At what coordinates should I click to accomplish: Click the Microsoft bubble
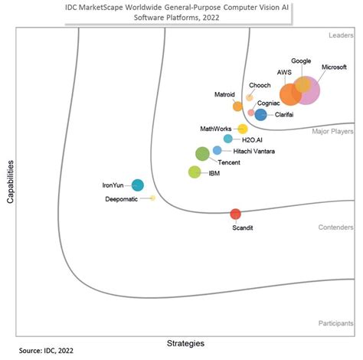pyautogui.click(x=308, y=91)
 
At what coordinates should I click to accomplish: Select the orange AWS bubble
pyautogui.click(x=290, y=95)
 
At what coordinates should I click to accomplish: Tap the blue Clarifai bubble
pyautogui.click(x=260, y=115)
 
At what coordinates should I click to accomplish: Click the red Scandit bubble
pyautogui.click(x=236, y=214)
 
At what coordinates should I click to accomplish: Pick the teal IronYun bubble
pyautogui.click(x=138, y=185)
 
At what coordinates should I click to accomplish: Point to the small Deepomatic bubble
pyautogui.click(x=152, y=198)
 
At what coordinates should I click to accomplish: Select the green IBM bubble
pyautogui.click(x=195, y=172)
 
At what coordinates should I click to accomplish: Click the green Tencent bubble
pyautogui.click(x=202, y=154)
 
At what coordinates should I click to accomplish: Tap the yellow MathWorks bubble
pyautogui.click(x=243, y=129)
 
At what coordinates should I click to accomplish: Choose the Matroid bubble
pyautogui.click(x=237, y=106)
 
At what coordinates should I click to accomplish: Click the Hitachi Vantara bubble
pyautogui.click(x=217, y=150)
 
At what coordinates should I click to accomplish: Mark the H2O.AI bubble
pyautogui.click(x=227, y=139)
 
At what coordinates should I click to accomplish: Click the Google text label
pyautogui.click(x=301, y=61)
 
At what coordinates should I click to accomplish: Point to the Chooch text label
pyautogui.click(x=258, y=85)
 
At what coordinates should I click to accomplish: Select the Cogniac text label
pyautogui.click(x=269, y=103)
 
